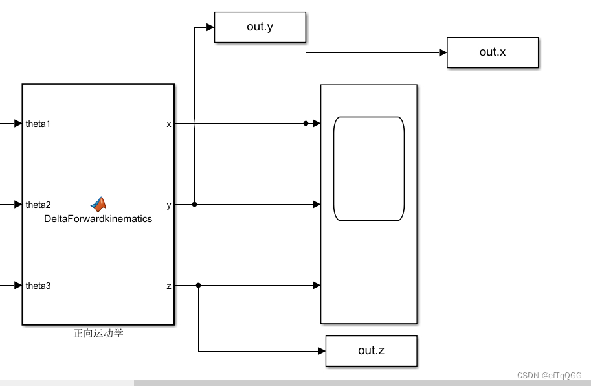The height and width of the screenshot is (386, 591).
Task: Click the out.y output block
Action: [260, 27]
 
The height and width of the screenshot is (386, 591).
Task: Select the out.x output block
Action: [492, 52]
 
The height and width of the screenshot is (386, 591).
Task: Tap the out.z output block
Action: [371, 350]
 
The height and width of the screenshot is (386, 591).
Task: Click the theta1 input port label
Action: [38, 123]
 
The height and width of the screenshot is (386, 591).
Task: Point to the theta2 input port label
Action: [38, 205]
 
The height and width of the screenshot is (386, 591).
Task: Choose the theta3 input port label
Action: [38, 286]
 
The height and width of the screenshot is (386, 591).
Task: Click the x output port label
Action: [169, 123]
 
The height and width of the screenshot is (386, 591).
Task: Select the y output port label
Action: [169, 205]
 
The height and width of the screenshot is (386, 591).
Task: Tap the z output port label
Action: [169, 286]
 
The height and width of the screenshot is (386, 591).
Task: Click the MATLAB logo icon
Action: [98, 204]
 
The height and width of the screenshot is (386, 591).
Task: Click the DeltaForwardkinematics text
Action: [98, 219]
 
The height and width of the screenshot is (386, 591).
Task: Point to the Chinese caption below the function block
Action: [98, 334]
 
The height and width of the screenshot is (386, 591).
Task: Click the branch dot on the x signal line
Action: [306, 123]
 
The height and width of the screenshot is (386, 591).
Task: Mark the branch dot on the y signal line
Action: [195, 205]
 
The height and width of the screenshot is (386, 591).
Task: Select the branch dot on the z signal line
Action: [198, 285]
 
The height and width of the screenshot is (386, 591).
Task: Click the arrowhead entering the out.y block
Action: [210, 27]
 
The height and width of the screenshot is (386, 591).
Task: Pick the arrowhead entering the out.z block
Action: [321, 351]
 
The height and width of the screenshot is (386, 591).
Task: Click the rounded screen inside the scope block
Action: [368, 168]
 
